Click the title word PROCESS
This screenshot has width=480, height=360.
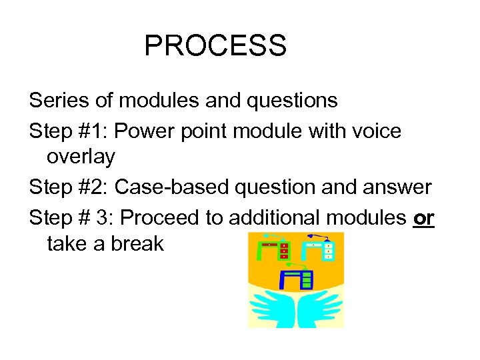pos(215,46)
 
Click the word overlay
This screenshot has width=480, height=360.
pos(81,157)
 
